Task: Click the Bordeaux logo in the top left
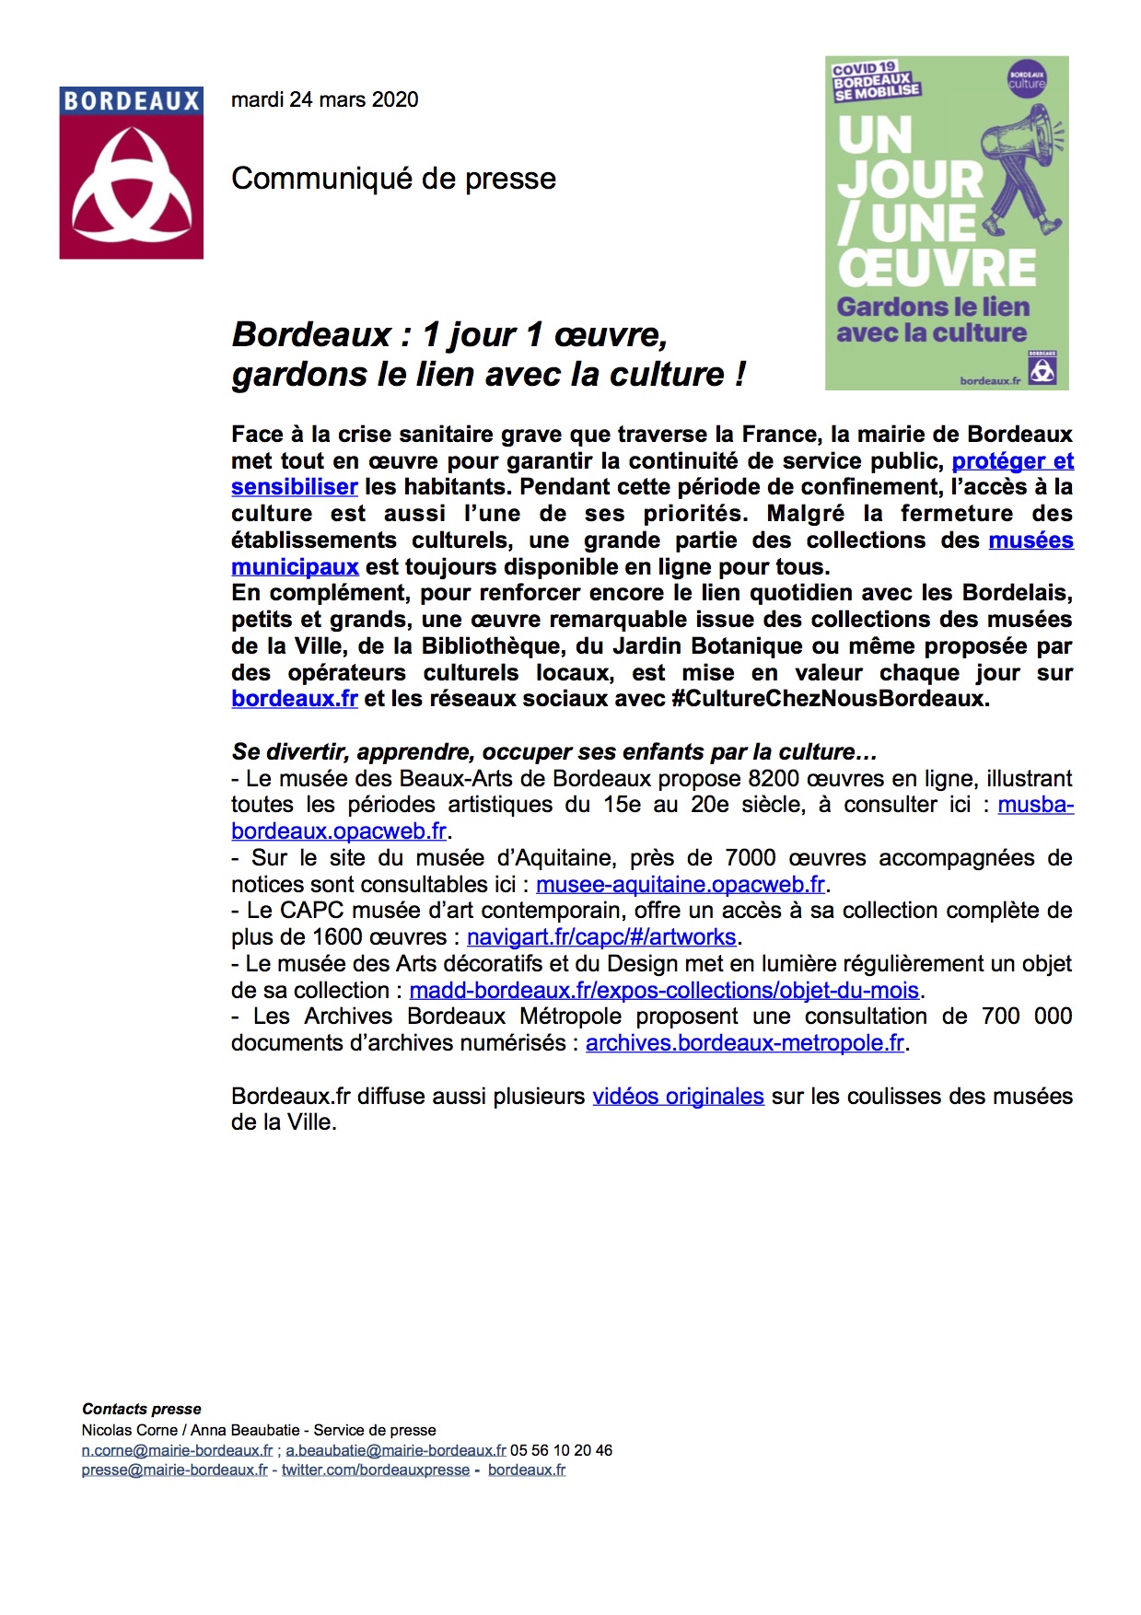point(131,173)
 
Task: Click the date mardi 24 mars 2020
point(324,99)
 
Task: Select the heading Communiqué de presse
point(393,179)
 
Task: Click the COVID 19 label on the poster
point(863,68)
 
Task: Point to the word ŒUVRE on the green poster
point(937,268)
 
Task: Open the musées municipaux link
point(295,566)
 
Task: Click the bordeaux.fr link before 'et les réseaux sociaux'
point(294,699)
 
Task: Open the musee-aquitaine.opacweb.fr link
point(681,885)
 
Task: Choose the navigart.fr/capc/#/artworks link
point(601,937)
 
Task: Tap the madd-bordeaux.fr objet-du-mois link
point(664,991)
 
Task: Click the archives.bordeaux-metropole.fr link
point(745,1043)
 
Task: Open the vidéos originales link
point(678,1097)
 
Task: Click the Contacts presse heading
point(141,1409)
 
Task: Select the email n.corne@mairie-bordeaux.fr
point(177,1450)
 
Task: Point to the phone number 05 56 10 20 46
point(561,1450)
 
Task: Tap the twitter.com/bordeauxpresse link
point(376,1470)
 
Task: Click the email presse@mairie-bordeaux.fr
point(174,1470)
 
